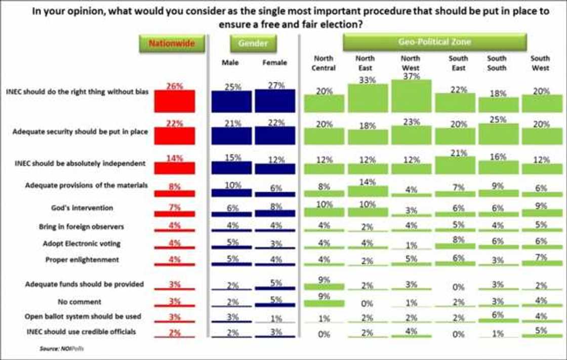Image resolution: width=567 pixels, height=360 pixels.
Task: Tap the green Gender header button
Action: click(253, 44)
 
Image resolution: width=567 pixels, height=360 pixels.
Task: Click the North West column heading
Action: click(410, 63)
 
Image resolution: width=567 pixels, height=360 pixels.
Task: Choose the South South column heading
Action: click(497, 63)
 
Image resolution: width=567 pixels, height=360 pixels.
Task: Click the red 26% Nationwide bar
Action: click(175, 101)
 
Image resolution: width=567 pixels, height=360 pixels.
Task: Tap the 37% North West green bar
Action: click(411, 96)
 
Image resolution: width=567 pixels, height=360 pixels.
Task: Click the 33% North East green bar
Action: click(368, 98)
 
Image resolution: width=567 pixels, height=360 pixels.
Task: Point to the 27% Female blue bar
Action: click(275, 101)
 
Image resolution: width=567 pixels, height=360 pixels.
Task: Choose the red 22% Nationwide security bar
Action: click(175, 136)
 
